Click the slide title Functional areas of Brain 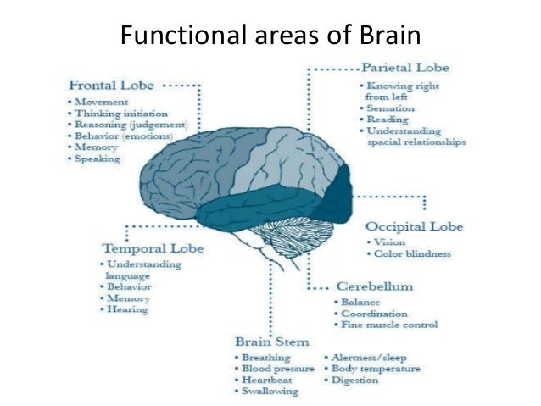pos(270,36)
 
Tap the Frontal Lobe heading pos(111,85)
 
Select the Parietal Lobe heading pos(405,67)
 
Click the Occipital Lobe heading pos(414,226)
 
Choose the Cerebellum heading pos(374,286)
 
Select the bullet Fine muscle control pos(389,325)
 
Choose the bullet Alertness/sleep pos(369,358)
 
